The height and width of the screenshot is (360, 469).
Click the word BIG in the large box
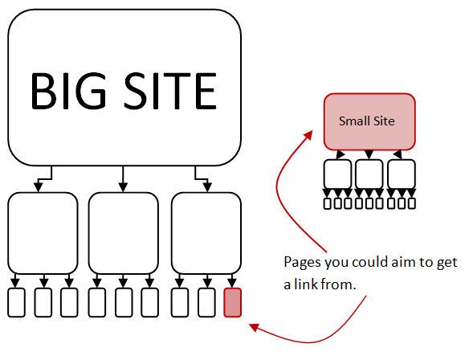(68, 91)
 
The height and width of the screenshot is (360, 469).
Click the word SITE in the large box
(170, 91)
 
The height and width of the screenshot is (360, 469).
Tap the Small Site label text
(367, 121)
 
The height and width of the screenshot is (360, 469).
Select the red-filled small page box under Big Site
(233, 302)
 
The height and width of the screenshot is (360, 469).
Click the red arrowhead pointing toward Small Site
(308, 136)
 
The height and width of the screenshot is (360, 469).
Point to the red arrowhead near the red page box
(254, 327)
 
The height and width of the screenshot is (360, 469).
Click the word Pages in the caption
(303, 263)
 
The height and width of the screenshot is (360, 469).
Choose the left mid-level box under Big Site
(43, 233)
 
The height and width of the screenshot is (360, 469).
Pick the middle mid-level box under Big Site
(123, 233)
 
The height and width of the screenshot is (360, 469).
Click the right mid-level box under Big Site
(206, 233)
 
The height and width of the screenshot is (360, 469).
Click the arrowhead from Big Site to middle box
(123, 187)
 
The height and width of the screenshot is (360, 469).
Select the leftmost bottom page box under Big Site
(16, 302)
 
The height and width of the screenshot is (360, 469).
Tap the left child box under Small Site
(337, 174)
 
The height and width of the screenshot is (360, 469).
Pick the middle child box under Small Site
(369, 174)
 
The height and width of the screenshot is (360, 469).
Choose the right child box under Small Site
(402, 174)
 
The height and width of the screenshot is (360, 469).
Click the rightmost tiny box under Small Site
(412, 203)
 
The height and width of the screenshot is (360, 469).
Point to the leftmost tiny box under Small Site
(328, 203)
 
